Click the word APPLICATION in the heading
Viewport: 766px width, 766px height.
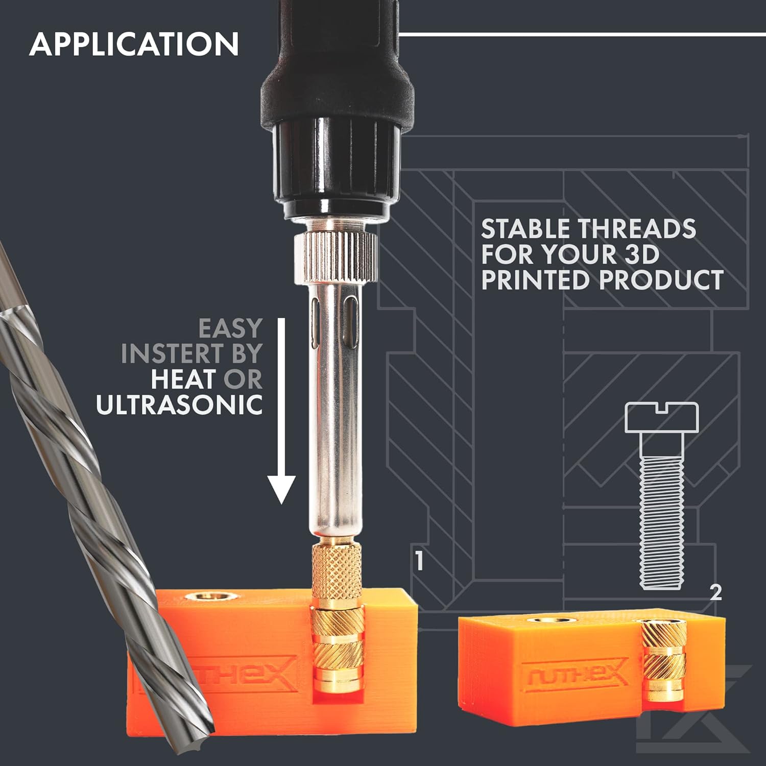click(x=134, y=44)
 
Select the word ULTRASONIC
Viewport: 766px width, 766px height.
click(x=179, y=405)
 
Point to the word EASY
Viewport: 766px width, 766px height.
click(x=230, y=328)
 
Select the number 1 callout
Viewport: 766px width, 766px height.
click(x=419, y=561)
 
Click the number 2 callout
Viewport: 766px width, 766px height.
click(x=716, y=592)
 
